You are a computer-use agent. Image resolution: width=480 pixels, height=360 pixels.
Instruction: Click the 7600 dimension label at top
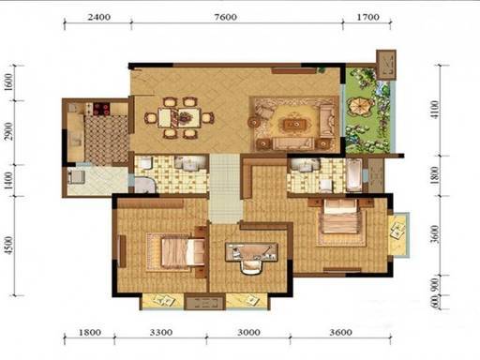pyautogui.click(x=225, y=17)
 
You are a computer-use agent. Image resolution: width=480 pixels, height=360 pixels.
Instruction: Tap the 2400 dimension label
pyautogui.click(x=98, y=17)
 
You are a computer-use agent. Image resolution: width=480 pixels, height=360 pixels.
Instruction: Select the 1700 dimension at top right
pyautogui.click(x=368, y=17)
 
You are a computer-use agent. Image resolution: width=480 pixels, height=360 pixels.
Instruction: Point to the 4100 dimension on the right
pyautogui.click(x=435, y=110)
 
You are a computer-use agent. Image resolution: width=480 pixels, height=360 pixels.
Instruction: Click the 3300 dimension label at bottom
pyautogui.click(x=161, y=332)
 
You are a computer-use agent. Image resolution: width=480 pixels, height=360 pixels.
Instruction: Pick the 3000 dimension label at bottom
pyautogui.click(x=248, y=332)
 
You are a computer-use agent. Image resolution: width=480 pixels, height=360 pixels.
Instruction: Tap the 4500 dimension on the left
pyautogui.click(x=8, y=246)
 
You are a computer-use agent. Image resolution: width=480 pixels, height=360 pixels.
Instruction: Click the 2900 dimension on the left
pyautogui.click(x=8, y=131)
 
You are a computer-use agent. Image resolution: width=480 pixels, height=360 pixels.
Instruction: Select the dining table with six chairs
pyautogui.click(x=179, y=117)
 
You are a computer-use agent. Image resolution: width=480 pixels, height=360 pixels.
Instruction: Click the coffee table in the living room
pyautogui.click(x=294, y=125)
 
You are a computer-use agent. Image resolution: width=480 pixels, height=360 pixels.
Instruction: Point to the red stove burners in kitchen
pyautogui.click(x=101, y=109)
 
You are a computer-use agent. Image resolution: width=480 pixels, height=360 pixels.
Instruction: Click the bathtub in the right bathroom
pyautogui.click(x=354, y=175)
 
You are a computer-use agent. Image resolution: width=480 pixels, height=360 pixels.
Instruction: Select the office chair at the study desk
pyautogui.click(x=251, y=266)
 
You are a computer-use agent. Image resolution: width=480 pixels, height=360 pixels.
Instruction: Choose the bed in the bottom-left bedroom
pyautogui.click(x=183, y=252)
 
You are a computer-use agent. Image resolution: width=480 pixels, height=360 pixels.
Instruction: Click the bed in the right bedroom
pyautogui.click(x=340, y=217)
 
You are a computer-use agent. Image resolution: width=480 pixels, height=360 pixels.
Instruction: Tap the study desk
pyautogui.click(x=251, y=251)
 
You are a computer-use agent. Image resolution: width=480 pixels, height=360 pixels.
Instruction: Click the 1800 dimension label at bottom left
pyautogui.click(x=90, y=332)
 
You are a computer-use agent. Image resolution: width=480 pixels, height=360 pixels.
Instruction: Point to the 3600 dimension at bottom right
pyautogui.click(x=340, y=332)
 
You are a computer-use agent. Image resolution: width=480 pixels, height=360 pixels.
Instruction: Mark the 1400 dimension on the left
pyautogui.click(x=8, y=181)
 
